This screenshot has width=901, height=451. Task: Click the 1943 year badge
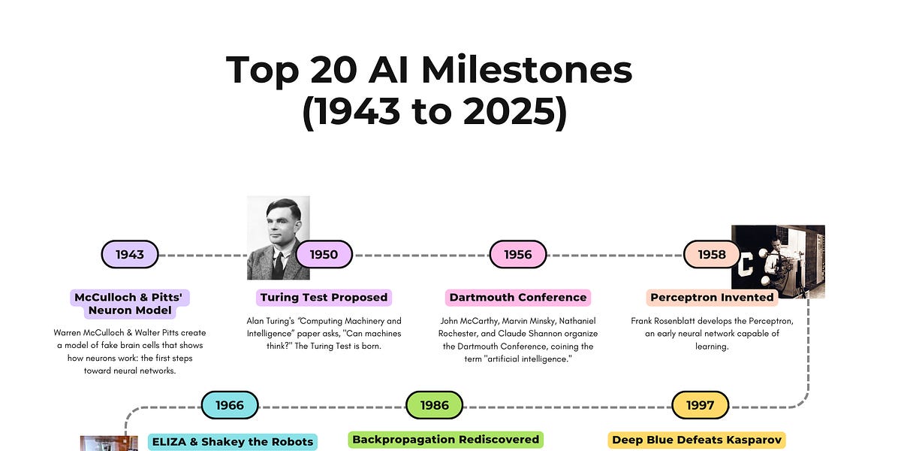(130, 255)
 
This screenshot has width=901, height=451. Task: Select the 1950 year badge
(324, 255)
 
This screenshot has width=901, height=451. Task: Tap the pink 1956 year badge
(518, 255)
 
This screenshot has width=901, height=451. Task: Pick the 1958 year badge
(712, 255)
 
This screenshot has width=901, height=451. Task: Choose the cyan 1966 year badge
(230, 405)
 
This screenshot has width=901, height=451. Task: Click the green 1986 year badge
(435, 405)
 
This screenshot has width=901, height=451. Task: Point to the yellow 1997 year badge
(701, 405)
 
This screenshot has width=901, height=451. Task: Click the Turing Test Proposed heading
(324, 297)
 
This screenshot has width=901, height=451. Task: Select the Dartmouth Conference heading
(518, 297)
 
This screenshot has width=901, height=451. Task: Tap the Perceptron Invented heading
(712, 297)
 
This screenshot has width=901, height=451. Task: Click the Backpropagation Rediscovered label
(446, 439)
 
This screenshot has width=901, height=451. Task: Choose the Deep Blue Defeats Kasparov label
(698, 440)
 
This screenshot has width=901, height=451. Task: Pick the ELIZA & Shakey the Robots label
(233, 441)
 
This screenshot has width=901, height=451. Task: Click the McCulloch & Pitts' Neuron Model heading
(130, 304)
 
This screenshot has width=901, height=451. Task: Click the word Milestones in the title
(526, 70)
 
